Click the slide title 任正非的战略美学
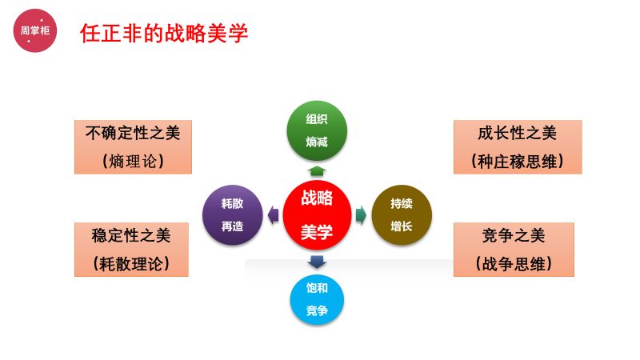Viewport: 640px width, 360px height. point(164,33)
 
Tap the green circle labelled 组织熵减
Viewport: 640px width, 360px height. point(317,130)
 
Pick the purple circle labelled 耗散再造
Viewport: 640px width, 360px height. point(232,214)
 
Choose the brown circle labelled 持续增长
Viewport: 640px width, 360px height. point(402,214)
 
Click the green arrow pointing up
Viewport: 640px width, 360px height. point(317,170)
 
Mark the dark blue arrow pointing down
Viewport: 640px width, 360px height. point(317,261)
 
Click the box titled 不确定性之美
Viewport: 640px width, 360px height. point(133,146)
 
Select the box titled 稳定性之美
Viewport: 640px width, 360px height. point(131,249)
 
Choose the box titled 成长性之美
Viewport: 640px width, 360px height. point(517,146)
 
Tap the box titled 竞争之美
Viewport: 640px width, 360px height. point(514,249)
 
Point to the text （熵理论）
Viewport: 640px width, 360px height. point(133,161)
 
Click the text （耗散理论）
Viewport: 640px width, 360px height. point(131,263)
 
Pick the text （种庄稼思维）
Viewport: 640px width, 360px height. point(517,161)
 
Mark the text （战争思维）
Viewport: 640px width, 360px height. point(514,263)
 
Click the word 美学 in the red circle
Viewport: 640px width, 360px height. point(317,232)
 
